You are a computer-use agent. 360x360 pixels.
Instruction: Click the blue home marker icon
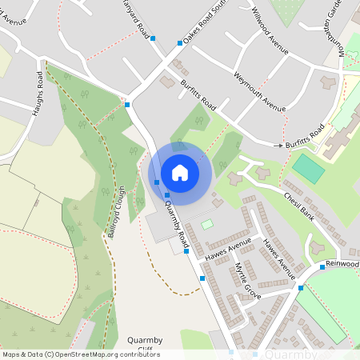180,172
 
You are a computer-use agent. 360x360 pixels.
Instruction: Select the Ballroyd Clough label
118,212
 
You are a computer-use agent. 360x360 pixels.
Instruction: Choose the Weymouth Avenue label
260,90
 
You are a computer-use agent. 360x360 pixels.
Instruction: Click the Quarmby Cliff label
145,345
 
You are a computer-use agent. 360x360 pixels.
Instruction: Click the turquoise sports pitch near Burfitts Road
308,168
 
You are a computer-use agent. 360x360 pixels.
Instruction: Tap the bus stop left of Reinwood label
322,266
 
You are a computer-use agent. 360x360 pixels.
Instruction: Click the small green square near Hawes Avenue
207,225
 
